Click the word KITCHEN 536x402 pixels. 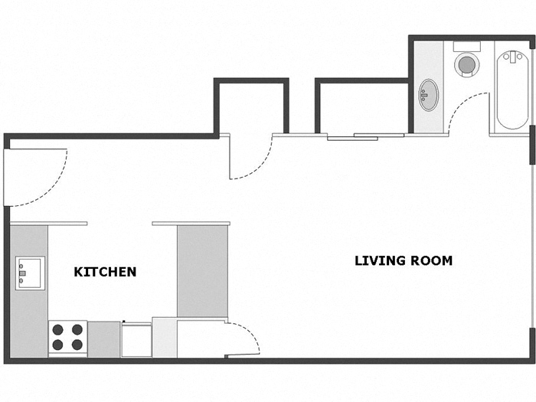tap(105, 272)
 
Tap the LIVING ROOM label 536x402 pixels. tap(403, 260)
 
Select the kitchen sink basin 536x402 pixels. tap(30, 272)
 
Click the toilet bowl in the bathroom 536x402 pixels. tap(466, 64)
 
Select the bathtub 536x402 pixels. tap(511, 90)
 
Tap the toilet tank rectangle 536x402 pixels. tap(466, 45)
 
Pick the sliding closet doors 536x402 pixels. tap(366, 136)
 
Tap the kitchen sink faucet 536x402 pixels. tap(22, 272)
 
